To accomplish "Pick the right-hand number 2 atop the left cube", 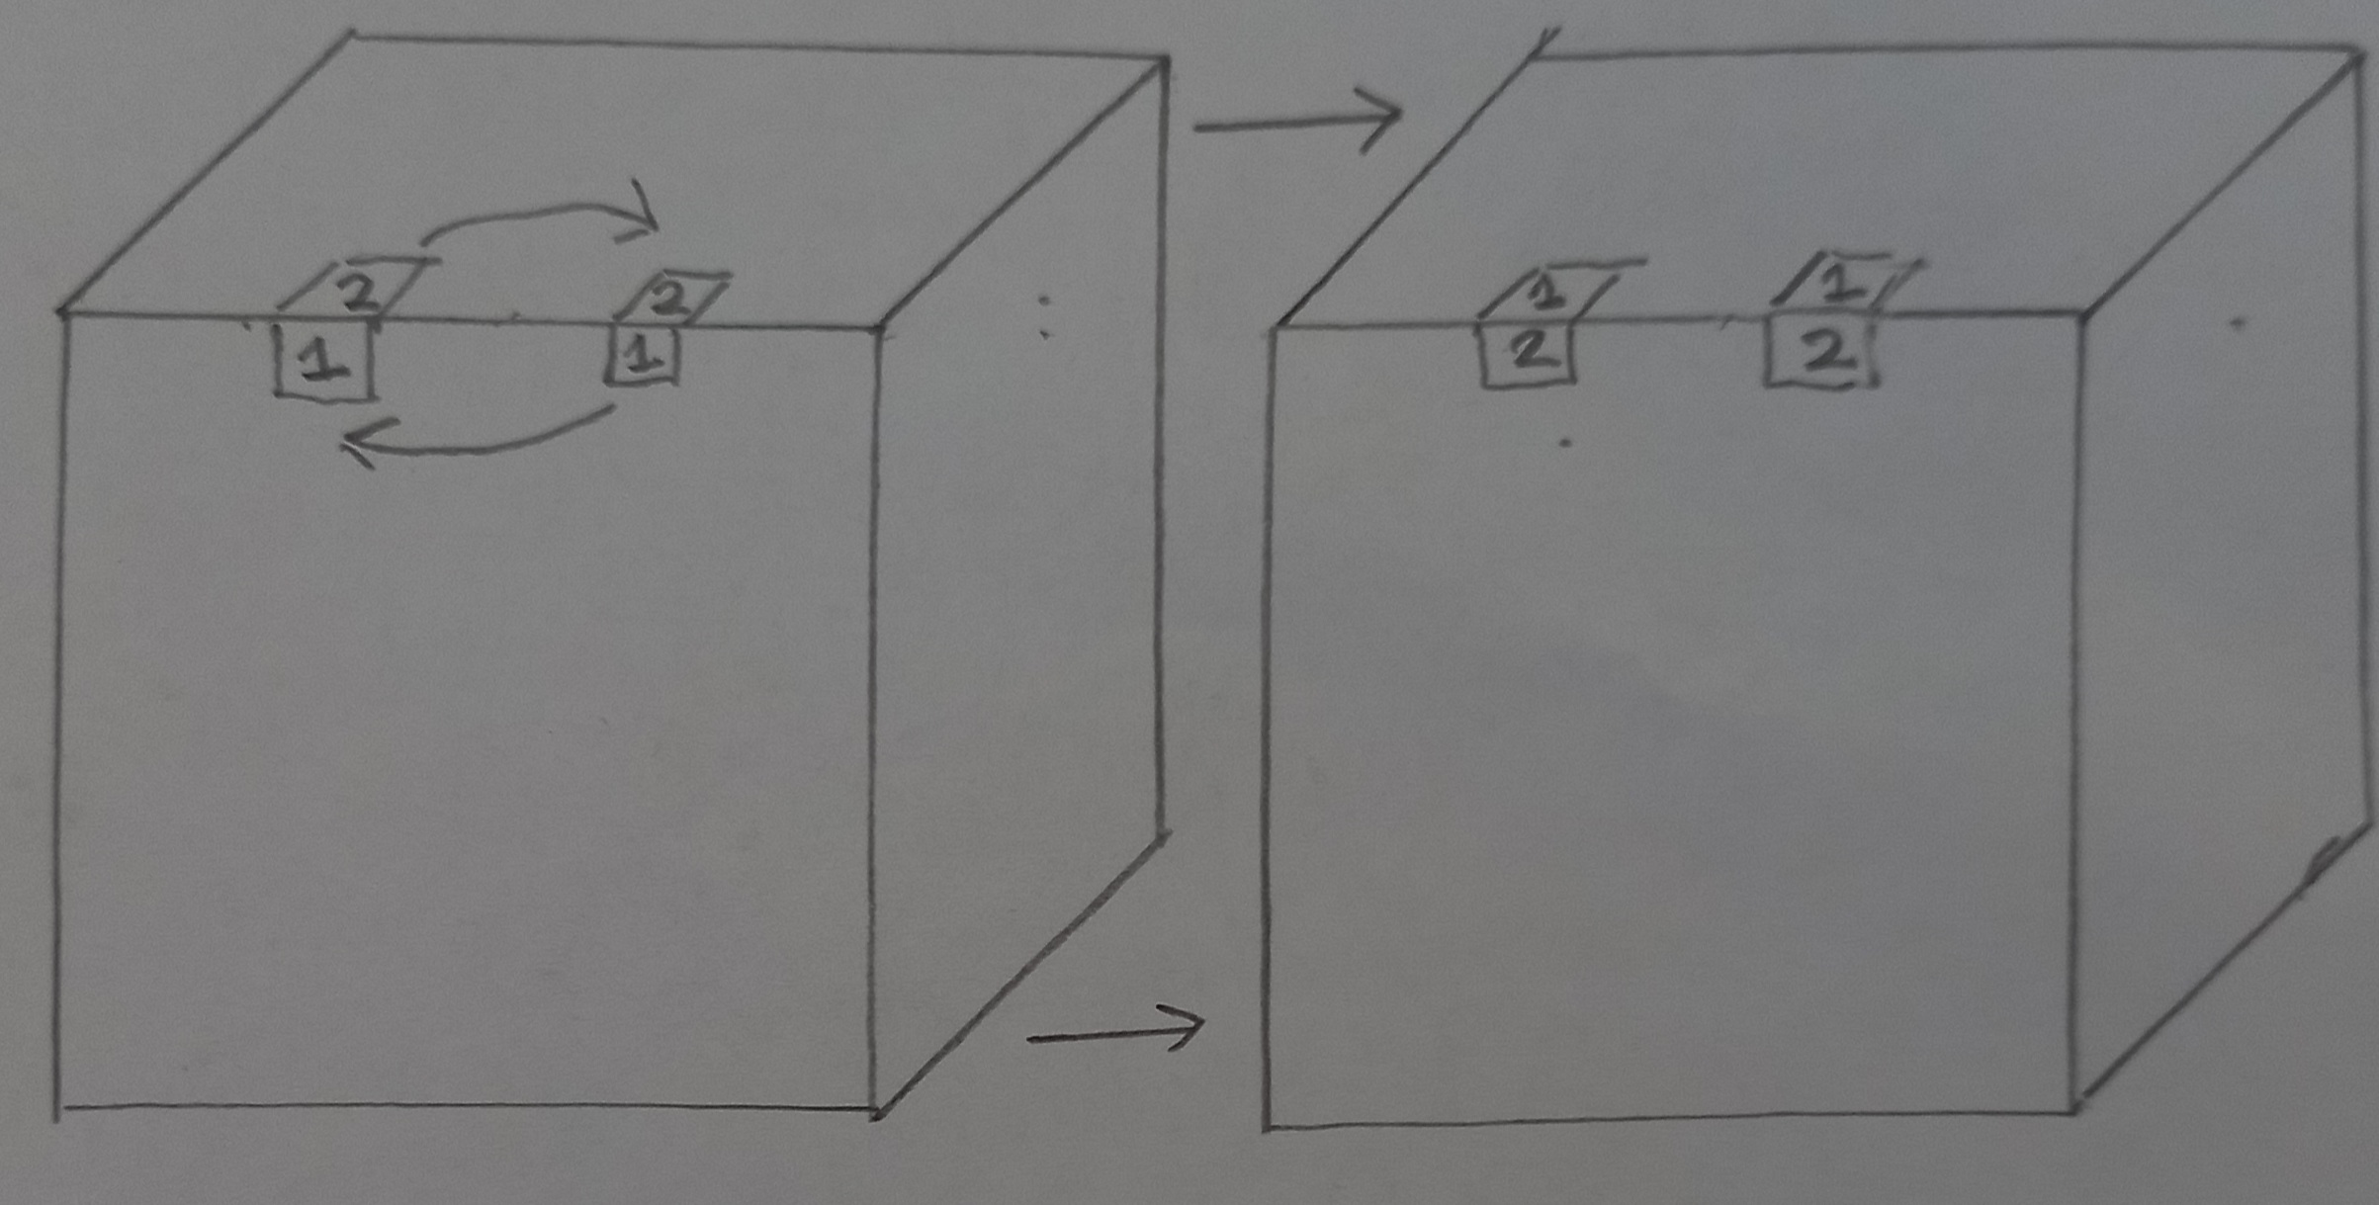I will tap(673, 298).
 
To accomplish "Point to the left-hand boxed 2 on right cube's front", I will tap(1528, 352).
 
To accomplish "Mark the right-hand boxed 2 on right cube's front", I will tap(1820, 353).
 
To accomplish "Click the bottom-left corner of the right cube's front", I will tap(1268, 1126).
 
